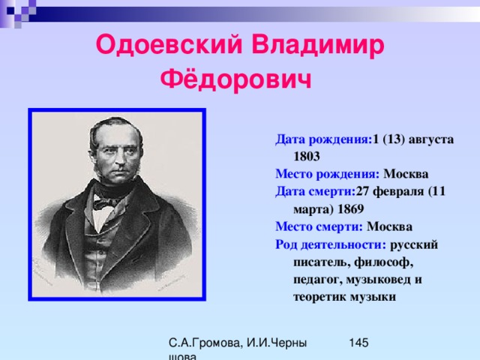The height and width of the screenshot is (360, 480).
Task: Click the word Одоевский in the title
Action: coord(169,45)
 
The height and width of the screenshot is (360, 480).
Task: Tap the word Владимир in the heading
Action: coord(318,45)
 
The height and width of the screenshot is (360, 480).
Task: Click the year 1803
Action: coord(307,157)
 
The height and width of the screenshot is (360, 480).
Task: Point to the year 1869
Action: coord(351,209)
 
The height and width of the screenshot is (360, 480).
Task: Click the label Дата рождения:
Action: coord(323,139)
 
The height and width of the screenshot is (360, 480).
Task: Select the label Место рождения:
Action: coord(327,174)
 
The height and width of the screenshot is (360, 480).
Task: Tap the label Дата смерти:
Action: coord(315,192)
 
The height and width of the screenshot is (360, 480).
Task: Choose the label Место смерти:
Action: coord(319,226)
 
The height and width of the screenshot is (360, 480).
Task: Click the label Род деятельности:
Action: coord(331,245)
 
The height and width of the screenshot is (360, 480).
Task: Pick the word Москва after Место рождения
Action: coord(406,174)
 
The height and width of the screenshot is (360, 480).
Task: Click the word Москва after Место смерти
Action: coord(390,226)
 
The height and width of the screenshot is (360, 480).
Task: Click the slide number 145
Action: coord(358,343)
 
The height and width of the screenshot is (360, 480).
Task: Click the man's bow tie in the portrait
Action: coord(104,203)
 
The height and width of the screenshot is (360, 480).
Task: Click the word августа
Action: coord(431,140)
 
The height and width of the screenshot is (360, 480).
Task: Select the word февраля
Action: coord(398,192)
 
